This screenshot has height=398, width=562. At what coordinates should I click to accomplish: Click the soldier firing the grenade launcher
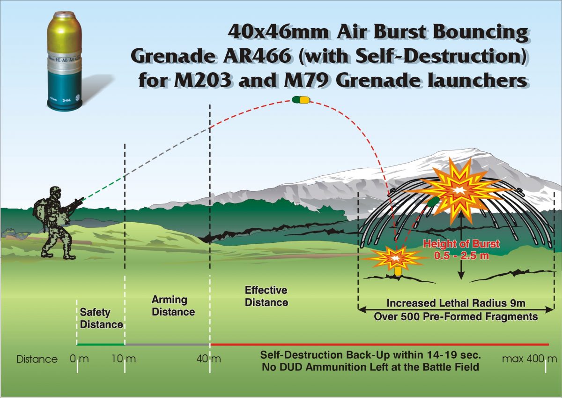coord(55,223)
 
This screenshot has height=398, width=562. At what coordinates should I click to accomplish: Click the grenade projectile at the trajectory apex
coord(300,99)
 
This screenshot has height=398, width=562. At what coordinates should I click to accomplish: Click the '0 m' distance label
coord(79,360)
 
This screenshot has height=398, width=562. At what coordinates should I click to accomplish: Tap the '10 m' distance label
coord(124,360)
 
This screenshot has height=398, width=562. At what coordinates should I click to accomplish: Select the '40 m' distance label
coord(209,360)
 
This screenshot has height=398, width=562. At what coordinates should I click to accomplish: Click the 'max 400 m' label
coord(529,360)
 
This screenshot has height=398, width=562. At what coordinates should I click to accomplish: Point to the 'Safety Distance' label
coord(101,318)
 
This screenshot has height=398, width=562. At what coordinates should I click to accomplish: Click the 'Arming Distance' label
coord(173,306)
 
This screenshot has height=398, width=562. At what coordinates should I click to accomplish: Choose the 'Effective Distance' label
coord(266,296)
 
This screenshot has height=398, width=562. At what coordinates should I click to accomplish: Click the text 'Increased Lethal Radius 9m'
coord(455,303)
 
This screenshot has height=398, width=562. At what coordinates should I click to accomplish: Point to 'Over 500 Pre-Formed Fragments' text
coord(455,317)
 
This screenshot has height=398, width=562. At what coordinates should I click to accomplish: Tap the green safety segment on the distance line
coord(101,345)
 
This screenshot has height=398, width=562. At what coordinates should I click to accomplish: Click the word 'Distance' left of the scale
coord(37,360)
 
